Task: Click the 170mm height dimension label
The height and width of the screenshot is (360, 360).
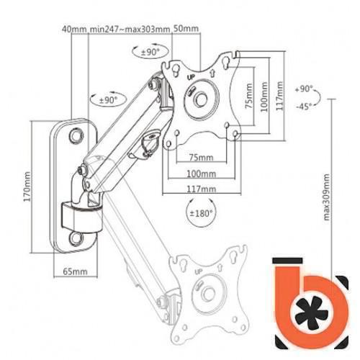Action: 27,186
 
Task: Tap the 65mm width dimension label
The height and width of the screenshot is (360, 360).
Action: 75,271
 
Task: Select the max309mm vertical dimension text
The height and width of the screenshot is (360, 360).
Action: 327,197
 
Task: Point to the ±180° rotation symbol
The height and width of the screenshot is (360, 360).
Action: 201,213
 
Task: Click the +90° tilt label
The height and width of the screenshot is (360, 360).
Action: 304,89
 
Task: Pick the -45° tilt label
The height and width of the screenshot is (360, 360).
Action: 304,106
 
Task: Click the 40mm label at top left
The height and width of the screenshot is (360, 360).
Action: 74,29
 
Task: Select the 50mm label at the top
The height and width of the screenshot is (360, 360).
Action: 186,29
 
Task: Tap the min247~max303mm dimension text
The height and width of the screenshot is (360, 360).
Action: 130,29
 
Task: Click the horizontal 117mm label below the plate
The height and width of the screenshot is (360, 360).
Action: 202,189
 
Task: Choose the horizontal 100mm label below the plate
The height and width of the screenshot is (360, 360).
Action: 201,174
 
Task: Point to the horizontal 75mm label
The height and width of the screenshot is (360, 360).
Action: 201,158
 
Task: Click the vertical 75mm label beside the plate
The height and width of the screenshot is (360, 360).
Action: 249,96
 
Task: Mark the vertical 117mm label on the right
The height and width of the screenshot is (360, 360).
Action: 279,96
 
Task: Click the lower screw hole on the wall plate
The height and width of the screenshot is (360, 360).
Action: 76,238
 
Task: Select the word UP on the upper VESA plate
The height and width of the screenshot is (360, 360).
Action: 191,77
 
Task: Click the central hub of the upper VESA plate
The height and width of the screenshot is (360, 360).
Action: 201,99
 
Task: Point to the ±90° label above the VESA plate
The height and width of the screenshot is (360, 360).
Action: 150,52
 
